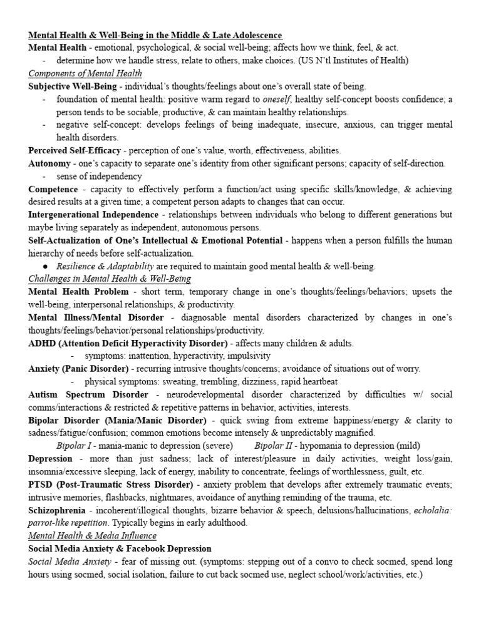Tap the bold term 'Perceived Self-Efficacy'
pos(76,150)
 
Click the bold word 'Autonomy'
pos(49,163)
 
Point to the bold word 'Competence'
pos(53,188)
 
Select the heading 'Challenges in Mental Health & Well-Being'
pos(110,279)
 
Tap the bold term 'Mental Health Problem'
pos(78,292)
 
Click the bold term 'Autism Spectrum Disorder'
pos(88,394)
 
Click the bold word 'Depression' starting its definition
pos(51,459)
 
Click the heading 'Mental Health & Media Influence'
pos(92,536)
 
